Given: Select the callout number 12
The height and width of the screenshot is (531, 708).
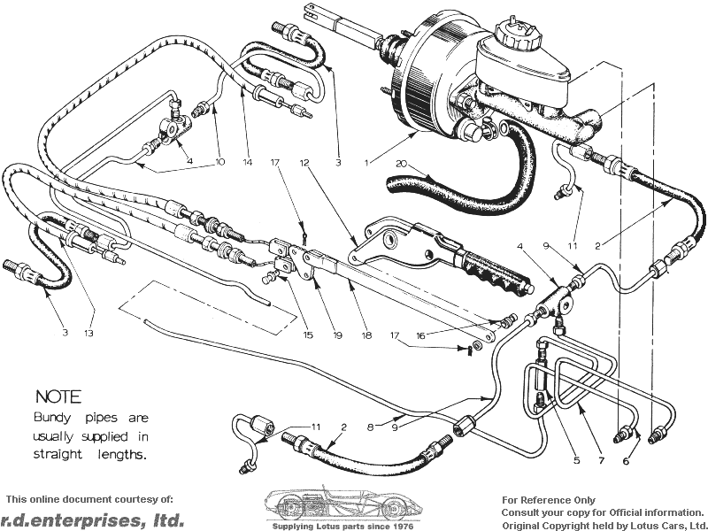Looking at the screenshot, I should [306, 163].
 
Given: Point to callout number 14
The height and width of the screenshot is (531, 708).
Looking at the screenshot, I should [248, 162].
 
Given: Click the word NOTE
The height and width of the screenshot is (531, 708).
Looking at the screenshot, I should [58, 397].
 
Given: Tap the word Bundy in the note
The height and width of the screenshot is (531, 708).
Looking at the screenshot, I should [55, 417].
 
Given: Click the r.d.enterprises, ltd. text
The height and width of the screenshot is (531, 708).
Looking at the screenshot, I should [93, 519].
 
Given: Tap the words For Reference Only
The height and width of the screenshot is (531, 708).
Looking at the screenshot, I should [549, 500].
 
